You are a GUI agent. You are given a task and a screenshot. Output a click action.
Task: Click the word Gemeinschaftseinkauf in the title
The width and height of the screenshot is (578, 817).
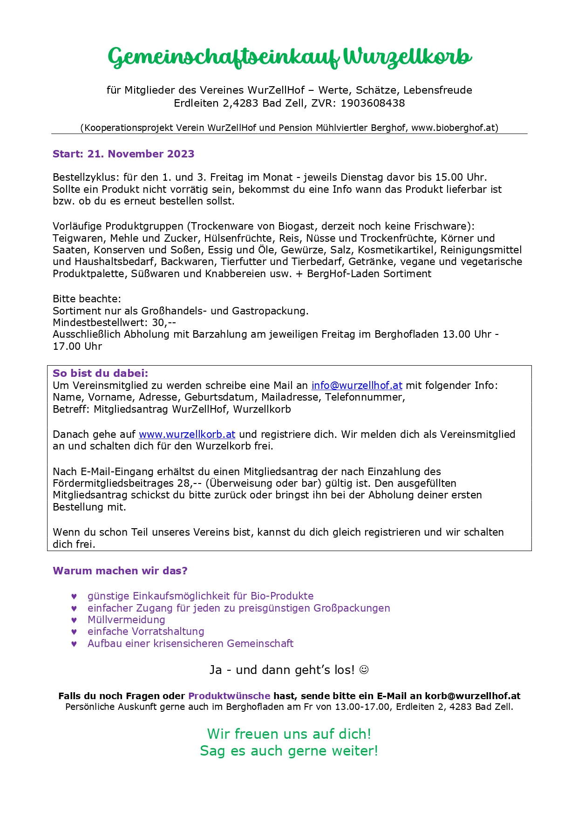click(224, 57)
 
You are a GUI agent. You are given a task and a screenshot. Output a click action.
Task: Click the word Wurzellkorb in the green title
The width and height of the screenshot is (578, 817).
click(408, 57)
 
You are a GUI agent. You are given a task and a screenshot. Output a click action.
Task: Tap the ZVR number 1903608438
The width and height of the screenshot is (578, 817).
click(373, 103)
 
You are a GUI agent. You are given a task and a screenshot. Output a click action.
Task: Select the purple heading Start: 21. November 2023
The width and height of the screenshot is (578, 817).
click(123, 154)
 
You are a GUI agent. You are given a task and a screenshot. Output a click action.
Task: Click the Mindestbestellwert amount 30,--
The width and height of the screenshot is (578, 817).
click(164, 322)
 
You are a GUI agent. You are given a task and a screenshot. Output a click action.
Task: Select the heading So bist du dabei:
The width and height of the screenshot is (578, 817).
click(100, 373)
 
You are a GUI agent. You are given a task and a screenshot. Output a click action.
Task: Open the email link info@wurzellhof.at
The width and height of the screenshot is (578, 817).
click(357, 385)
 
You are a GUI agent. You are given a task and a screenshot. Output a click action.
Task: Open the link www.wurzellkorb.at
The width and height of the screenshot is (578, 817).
click(187, 434)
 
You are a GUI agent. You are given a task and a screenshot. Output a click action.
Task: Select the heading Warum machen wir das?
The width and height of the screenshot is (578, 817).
click(120, 571)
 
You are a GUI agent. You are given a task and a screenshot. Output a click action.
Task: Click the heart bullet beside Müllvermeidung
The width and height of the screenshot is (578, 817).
click(74, 620)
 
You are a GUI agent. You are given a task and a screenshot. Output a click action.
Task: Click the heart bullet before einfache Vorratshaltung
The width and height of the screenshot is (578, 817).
click(74, 632)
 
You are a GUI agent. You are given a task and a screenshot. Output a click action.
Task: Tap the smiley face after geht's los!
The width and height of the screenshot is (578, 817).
click(364, 670)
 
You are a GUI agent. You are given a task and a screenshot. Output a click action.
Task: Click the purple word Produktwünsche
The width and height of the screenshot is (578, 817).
click(229, 696)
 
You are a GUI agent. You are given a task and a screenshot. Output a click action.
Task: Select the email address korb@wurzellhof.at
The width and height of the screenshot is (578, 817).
click(472, 696)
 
